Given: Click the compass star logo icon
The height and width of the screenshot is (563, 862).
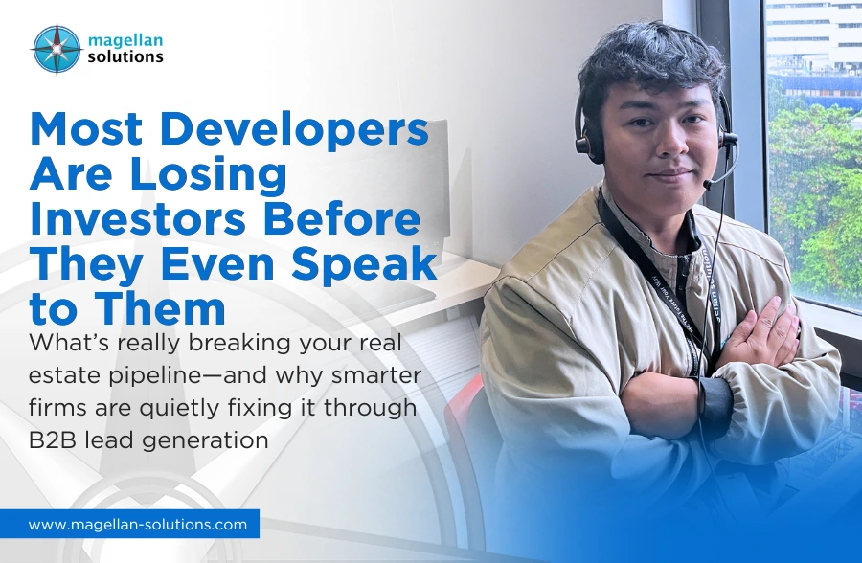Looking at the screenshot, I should (57, 49).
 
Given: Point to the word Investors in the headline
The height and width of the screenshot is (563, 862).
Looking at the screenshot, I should (141, 220).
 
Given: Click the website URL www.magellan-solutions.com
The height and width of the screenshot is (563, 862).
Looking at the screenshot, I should (138, 524).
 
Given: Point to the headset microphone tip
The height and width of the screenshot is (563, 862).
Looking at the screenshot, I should (707, 182).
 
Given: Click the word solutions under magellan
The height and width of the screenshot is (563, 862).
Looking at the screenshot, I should (125, 56).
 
